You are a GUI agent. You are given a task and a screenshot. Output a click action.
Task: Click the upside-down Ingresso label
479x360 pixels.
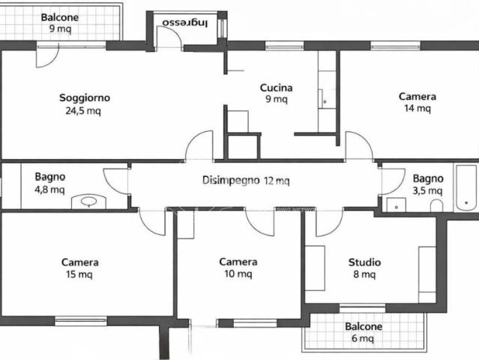coord(185,23)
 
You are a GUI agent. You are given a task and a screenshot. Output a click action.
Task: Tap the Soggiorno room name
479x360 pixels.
coord(85,98)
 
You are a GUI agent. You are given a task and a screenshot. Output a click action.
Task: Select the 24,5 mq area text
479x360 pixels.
coord(83,111)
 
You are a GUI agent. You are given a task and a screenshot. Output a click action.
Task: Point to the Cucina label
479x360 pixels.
coord(276,88)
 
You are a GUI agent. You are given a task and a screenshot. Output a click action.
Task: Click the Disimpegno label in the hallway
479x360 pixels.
coord(231,180)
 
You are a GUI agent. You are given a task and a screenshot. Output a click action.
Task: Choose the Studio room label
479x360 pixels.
coord(364,262)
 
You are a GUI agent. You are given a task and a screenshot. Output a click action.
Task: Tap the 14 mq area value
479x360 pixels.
coord(418,108)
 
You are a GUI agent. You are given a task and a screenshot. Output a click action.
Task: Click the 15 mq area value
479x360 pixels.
coord(79,274)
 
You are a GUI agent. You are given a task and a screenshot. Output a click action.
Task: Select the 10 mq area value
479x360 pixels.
coord(238,274)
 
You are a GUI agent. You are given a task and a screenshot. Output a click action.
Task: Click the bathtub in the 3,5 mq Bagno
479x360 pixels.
coord(466,188)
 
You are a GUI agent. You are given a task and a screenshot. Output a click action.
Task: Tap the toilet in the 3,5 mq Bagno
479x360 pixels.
coord(436,205)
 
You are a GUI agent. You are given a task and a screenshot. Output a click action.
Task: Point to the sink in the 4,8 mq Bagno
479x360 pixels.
coord(89,202)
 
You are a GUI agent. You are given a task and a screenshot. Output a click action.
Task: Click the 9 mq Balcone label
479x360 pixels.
coord(60,23)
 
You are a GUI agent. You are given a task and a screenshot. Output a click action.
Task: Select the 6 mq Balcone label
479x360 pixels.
coord(364,332)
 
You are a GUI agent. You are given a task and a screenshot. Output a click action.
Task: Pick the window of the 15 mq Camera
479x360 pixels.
coord(81,321)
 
